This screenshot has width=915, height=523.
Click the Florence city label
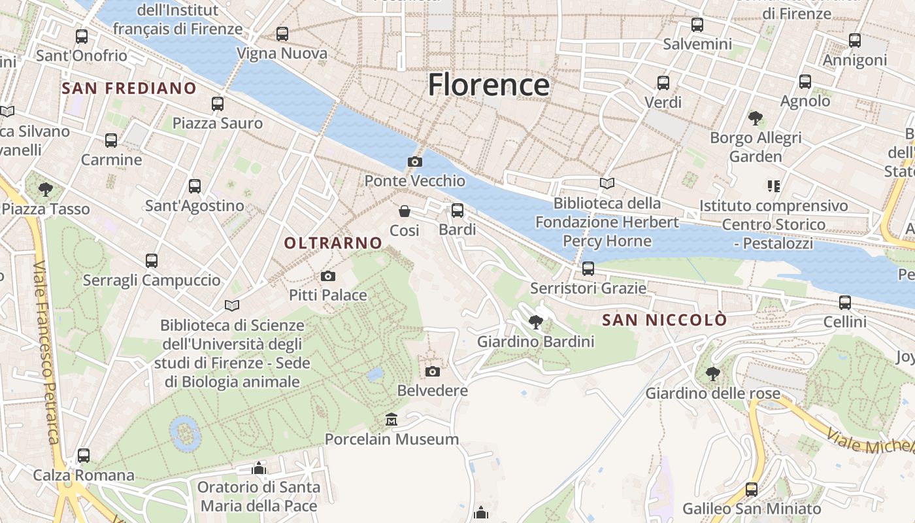tap(488, 85)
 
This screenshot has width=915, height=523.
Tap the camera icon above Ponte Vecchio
tap(414, 161)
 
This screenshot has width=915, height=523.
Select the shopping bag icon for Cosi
tap(405, 211)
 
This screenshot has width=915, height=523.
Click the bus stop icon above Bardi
tap(457, 210)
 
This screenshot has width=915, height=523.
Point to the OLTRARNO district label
tap(333, 243)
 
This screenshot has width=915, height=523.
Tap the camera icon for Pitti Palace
tap(328, 276)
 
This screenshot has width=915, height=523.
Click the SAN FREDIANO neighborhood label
tap(129, 88)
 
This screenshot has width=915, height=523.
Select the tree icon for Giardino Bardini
tap(536, 322)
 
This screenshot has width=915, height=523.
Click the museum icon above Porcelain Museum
tap(391, 419)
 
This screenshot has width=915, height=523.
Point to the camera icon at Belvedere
tap(433, 371)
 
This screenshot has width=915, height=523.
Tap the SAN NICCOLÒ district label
tap(664, 320)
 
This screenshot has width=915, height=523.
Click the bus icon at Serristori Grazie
tap(588, 268)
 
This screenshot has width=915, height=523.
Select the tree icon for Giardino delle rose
tap(712, 374)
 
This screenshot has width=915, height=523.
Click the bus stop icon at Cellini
tap(845, 302)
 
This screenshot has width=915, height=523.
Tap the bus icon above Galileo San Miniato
tap(752, 489)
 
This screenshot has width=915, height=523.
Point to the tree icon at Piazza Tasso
tap(46, 190)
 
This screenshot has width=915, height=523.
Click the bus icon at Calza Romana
tap(84, 455)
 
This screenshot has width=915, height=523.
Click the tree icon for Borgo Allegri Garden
tap(756, 118)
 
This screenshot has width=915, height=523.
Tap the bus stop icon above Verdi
tap(663, 83)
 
